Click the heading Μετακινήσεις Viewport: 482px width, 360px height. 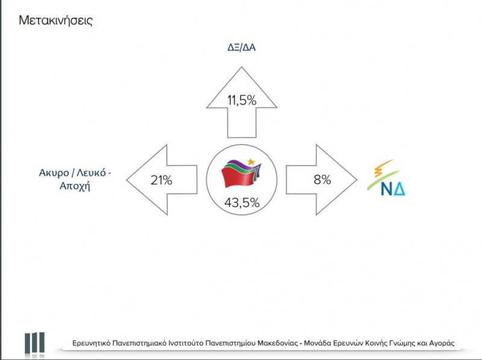(55, 21)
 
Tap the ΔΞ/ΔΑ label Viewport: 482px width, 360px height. (242, 48)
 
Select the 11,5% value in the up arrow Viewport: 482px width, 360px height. (242, 100)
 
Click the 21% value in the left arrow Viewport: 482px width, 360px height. (161, 180)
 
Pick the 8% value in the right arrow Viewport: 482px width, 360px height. (322, 179)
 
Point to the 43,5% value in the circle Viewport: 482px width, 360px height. (242, 203)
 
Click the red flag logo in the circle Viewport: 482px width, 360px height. (241, 173)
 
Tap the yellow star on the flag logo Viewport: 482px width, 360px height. (251, 162)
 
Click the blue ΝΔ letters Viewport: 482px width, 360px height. (393, 188)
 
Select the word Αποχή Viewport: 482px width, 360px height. (75, 186)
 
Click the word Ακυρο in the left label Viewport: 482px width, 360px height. (54, 173)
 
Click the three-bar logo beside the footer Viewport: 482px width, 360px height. (35, 343)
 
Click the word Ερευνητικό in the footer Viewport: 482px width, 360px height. (92, 343)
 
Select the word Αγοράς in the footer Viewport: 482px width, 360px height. (442, 343)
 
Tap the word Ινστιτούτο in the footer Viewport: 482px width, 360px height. (186, 343)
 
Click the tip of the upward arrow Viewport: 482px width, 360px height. (242, 67)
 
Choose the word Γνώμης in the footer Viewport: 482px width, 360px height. (401, 343)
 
